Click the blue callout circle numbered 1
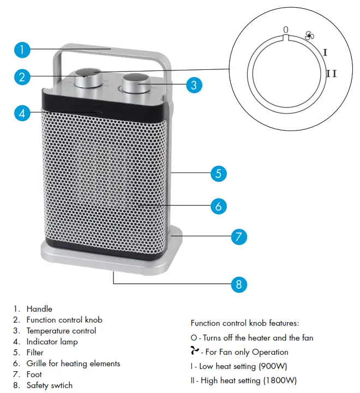point(21,50)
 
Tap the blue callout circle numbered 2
point(21,77)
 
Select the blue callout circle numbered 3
point(194,85)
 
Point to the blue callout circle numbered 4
point(21,113)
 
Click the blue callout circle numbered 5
point(218,174)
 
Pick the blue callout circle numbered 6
point(218,206)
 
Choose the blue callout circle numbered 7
point(238,237)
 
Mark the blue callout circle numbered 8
point(238,284)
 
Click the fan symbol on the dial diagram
point(310,36)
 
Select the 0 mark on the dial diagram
point(286,29)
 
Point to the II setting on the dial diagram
point(331,73)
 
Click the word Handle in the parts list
point(39,309)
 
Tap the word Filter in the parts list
point(35,353)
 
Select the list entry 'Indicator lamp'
point(52,342)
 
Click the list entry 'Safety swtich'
point(49,385)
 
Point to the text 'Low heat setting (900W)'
point(243,366)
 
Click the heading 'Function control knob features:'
point(244,323)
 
